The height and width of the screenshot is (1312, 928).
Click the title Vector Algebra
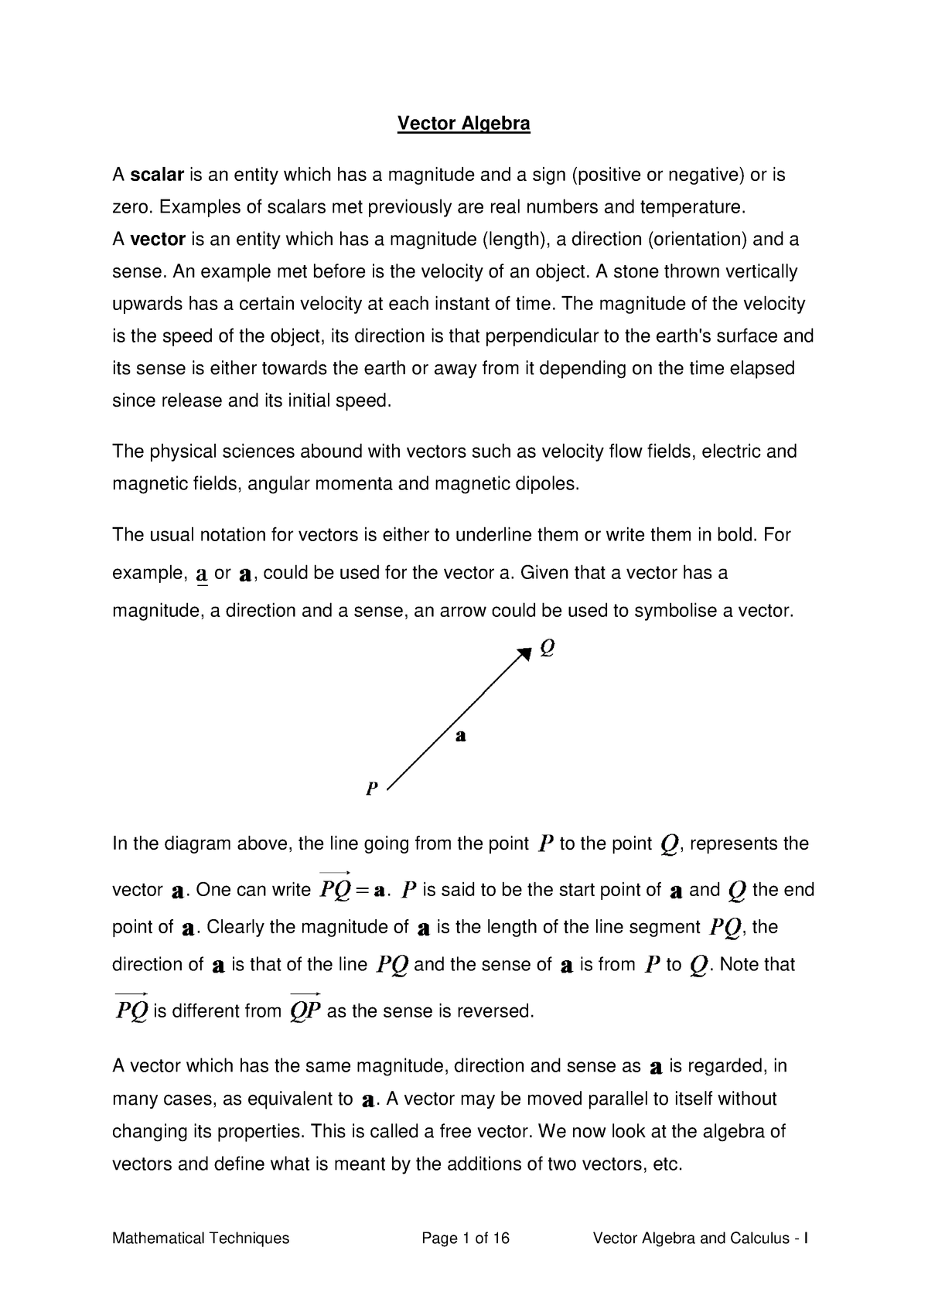pyautogui.click(x=463, y=124)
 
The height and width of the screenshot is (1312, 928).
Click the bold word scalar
pyautogui.click(x=156, y=176)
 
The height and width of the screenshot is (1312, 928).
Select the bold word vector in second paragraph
pyautogui.click(x=157, y=240)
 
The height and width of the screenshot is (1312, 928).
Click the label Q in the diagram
pyautogui.click(x=547, y=647)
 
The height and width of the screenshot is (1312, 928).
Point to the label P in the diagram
pyautogui.click(x=371, y=789)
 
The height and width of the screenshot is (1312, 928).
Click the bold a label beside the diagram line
pyautogui.click(x=460, y=736)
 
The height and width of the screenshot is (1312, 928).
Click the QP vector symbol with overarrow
pyautogui.click(x=305, y=1009)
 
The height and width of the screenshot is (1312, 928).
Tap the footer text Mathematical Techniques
pyautogui.click(x=200, y=1239)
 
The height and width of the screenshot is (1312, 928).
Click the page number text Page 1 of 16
pyautogui.click(x=465, y=1239)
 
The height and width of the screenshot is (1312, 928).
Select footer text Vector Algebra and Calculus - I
pyautogui.click(x=700, y=1239)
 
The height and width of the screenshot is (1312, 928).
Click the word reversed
pyautogui.click(x=499, y=1011)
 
